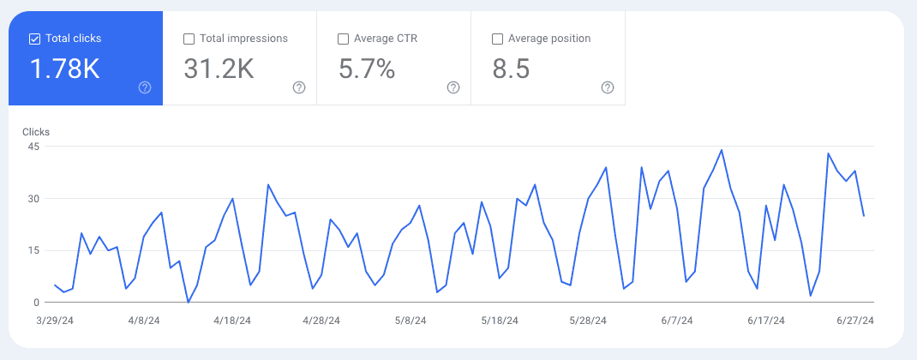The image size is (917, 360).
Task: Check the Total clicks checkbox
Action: point(35,39)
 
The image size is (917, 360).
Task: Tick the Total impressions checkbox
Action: point(189,39)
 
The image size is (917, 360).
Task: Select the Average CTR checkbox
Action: point(344,39)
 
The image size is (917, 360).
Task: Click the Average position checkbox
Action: point(498,39)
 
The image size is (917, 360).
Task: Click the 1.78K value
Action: point(65,69)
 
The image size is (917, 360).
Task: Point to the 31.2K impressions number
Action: point(219,69)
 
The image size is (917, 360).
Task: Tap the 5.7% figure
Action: point(367,69)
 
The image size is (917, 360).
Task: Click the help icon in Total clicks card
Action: point(145,87)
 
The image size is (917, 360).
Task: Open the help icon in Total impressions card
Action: point(299,87)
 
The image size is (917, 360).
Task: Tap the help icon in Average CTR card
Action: point(453,87)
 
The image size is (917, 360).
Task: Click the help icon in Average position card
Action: point(608,87)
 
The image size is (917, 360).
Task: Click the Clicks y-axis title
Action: point(36,132)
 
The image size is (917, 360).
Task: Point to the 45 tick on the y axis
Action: point(33,147)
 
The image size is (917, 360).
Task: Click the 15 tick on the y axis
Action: point(33,250)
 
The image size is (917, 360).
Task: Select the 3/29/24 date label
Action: point(55,321)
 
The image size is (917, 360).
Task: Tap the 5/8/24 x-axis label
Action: point(410,321)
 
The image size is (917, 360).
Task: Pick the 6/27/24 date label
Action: point(854,321)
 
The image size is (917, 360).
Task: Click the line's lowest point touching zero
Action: point(189,302)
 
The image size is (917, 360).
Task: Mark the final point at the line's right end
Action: point(863,216)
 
